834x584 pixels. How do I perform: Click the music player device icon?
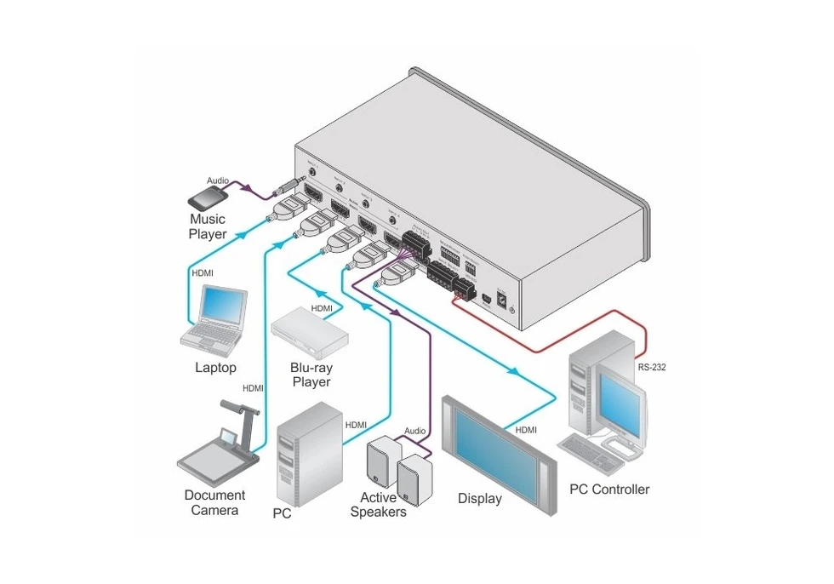(207, 198)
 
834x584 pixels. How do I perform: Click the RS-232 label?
(652, 369)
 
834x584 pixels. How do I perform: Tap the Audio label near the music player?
(219, 180)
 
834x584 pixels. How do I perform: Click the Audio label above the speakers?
(414, 431)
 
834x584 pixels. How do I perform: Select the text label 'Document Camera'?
(214, 502)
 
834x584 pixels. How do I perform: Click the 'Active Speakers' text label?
(378, 505)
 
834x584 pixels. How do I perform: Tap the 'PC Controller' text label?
(608, 490)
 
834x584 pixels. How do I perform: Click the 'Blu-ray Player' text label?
(311, 375)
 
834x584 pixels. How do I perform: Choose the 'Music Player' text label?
(208, 226)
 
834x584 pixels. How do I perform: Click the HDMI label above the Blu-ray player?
(321, 308)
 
